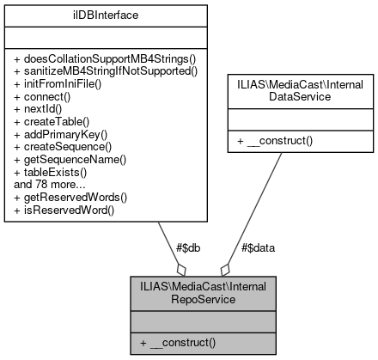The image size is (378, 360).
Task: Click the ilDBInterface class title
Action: click(107, 15)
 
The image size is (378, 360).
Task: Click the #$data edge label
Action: click(257, 248)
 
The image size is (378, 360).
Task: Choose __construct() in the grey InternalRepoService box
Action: click(180, 343)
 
